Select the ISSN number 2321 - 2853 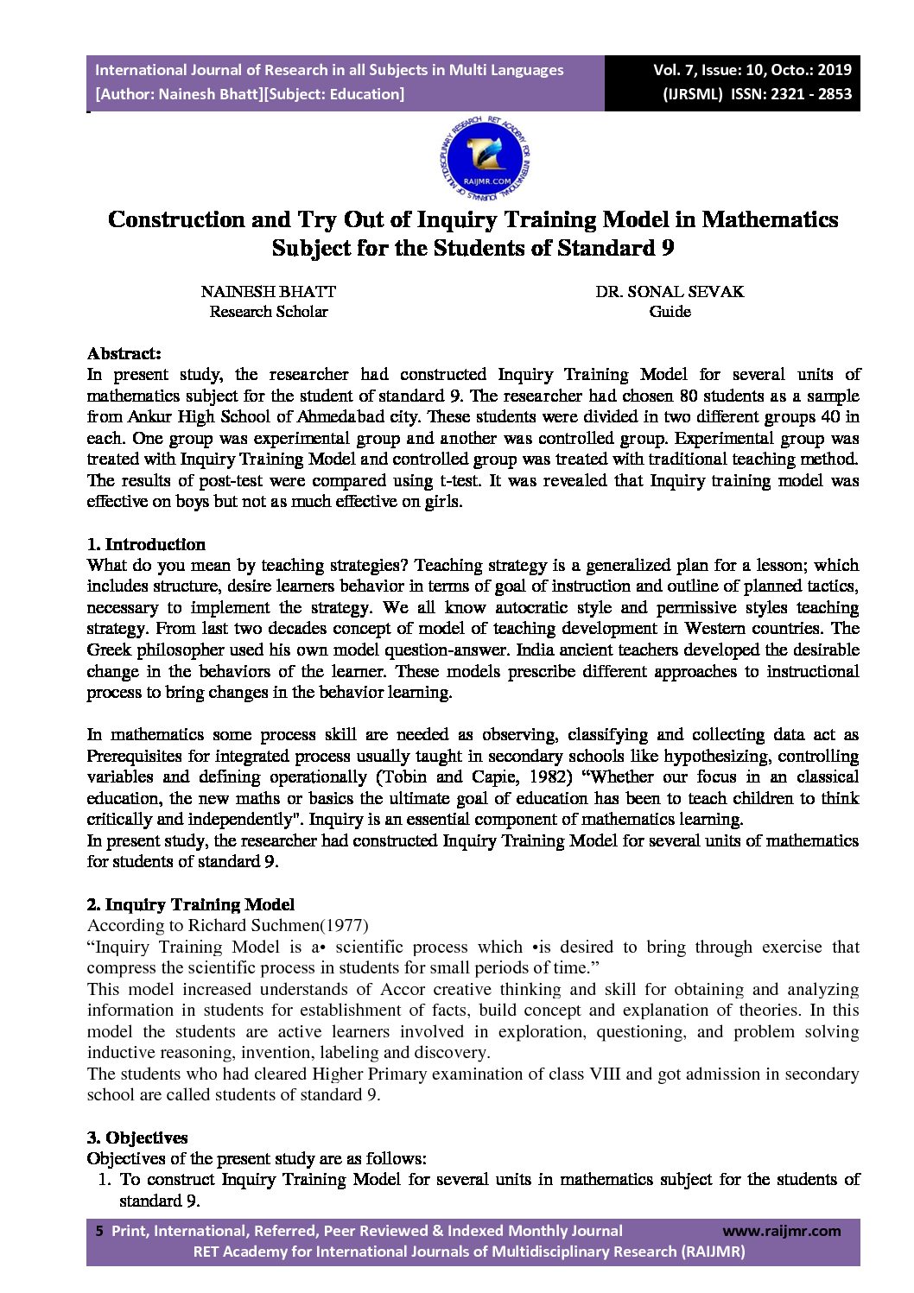(803, 94)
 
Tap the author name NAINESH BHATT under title (268, 292)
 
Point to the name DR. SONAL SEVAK (670, 292)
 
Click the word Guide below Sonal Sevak (670, 312)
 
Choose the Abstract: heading (124, 353)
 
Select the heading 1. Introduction (146, 544)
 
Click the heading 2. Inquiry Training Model (190, 904)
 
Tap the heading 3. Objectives (137, 1138)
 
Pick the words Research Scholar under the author (268, 312)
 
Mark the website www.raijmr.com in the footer (781, 1231)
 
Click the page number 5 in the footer (98, 1231)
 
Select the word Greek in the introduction (110, 650)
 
